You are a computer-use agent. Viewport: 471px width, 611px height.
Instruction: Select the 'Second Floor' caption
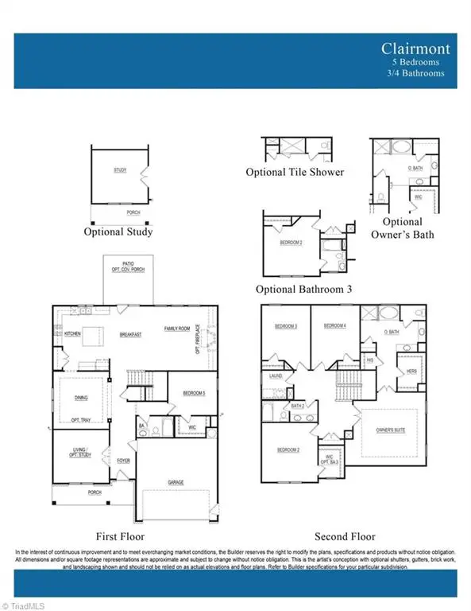pyautogui.click(x=345, y=536)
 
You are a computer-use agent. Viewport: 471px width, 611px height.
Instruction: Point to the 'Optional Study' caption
pyautogui.click(x=118, y=232)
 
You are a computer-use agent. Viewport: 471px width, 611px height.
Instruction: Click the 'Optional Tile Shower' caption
pyautogui.click(x=295, y=172)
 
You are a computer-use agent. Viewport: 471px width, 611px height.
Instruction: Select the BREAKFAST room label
pyautogui.click(x=130, y=335)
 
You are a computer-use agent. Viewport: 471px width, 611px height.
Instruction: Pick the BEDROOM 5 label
pyautogui.click(x=194, y=394)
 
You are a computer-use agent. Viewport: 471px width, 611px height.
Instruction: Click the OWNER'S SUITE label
pyautogui.click(x=391, y=430)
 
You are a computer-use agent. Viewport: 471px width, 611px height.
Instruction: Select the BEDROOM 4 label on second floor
pyautogui.click(x=334, y=326)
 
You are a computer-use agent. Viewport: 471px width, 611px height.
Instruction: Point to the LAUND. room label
pyautogui.click(x=276, y=376)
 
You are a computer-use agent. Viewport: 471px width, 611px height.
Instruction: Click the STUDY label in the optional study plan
pyautogui.click(x=120, y=170)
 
